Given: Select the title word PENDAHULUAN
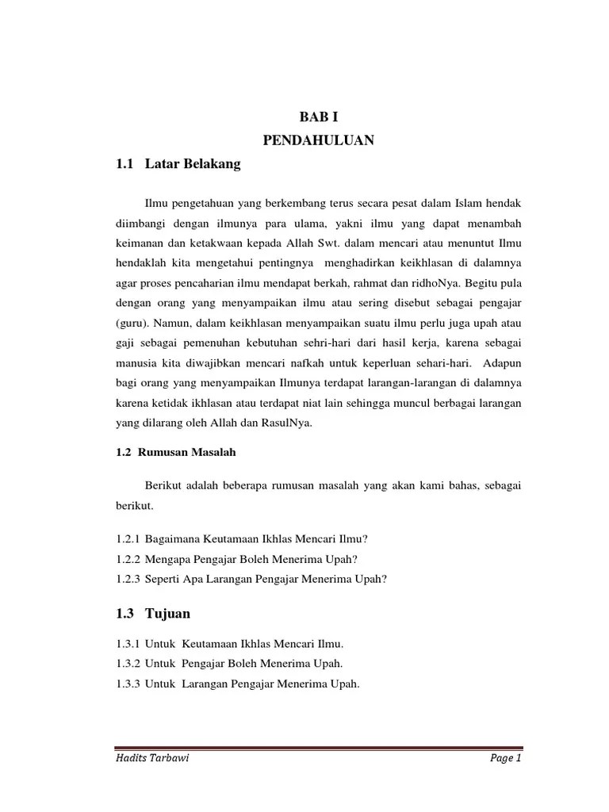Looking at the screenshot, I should click(x=318, y=141).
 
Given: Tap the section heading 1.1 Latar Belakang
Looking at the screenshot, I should click(x=177, y=165).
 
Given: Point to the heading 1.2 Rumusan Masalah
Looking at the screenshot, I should click(x=175, y=452).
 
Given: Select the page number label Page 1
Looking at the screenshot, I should click(x=504, y=759).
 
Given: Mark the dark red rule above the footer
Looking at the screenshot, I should click(x=318, y=747).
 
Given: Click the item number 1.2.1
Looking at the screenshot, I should click(x=128, y=538).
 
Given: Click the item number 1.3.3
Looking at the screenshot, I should click(x=128, y=684).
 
